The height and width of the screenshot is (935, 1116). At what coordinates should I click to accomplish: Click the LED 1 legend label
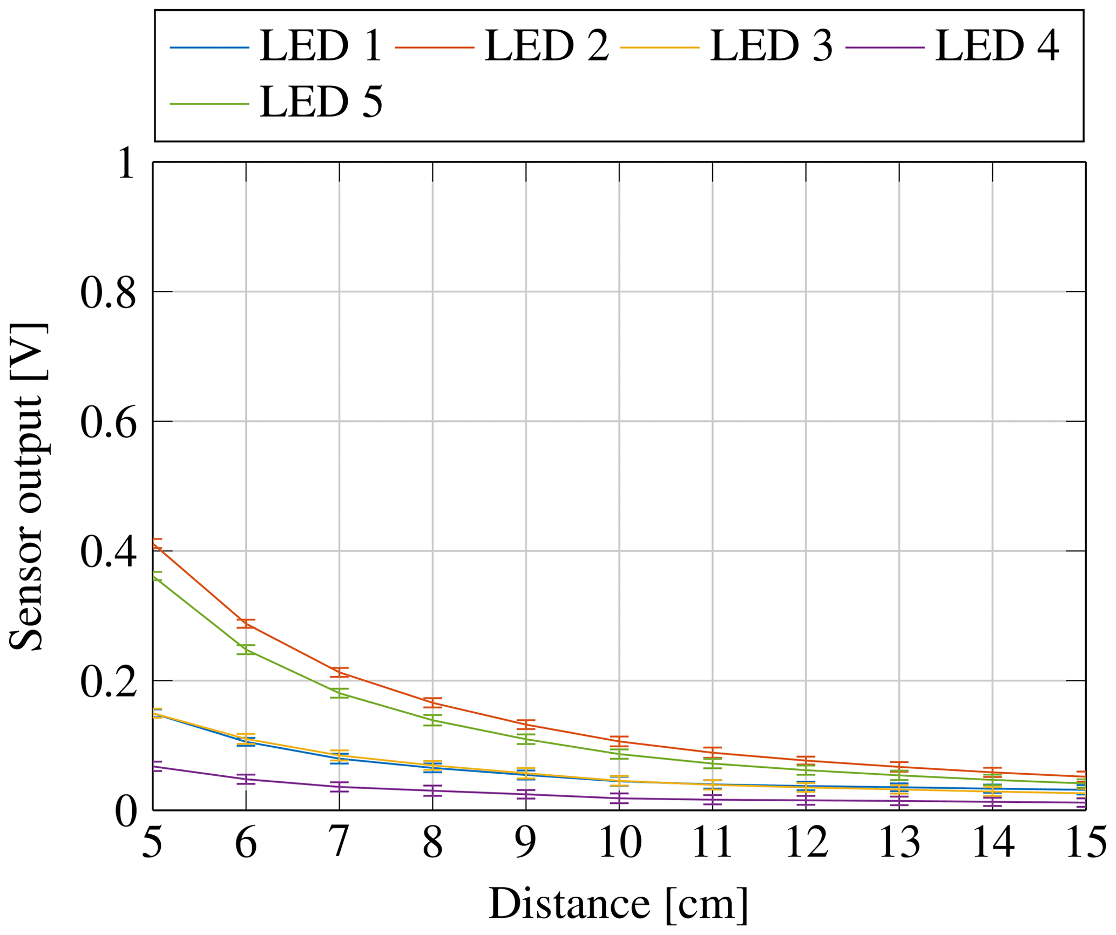(x=321, y=46)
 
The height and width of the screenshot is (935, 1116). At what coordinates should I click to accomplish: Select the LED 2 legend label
(x=546, y=46)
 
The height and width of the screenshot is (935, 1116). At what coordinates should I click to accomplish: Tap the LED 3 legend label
(x=772, y=46)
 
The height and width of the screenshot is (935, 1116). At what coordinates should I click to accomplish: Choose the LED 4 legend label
(x=997, y=46)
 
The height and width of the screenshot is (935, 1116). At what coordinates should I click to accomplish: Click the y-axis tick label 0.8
(x=108, y=294)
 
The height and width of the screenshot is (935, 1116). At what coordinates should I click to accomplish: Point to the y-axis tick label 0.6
(x=108, y=424)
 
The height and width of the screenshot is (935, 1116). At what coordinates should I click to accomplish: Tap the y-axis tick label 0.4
(x=108, y=554)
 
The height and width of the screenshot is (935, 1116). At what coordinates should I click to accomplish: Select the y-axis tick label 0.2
(x=108, y=683)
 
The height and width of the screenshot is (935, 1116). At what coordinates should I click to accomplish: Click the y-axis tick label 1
(x=126, y=164)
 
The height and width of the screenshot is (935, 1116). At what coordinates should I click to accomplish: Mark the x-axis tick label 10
(x=620, y=843)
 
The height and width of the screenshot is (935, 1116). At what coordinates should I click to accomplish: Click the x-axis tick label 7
(x=339, y=843)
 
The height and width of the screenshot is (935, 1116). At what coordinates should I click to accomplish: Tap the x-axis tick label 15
(x=1085, y=843)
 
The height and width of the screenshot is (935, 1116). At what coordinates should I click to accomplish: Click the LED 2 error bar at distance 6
(x=246, y=624)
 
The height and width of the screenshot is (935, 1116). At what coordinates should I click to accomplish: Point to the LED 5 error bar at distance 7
(x=340, y=694)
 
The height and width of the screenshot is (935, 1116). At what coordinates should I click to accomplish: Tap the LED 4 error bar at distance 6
(x=246, y=779)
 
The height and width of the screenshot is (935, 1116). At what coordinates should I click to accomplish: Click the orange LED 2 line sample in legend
(x=435, y=47)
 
